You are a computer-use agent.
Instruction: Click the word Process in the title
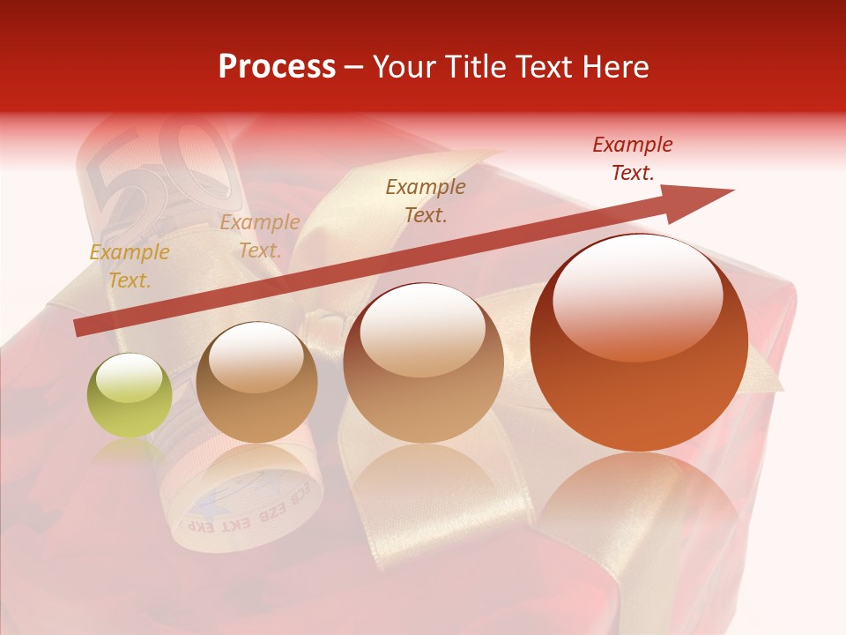[x=277, y=67]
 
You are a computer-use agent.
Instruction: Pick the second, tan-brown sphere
[x=256, y=383]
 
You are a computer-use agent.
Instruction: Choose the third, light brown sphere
[x=423, y=363]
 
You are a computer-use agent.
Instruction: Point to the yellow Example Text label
[x=130, y=266]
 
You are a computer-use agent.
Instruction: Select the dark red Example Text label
[x=633, y=159]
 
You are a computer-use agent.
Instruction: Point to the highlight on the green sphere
[x=129, y=381]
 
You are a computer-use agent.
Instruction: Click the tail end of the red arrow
[x=79, y=328]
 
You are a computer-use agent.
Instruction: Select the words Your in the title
[x=404, y=67]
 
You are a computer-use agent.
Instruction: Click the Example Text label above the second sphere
[x=260, y=236]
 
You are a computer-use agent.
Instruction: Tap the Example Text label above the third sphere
[x=426, y=201]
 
